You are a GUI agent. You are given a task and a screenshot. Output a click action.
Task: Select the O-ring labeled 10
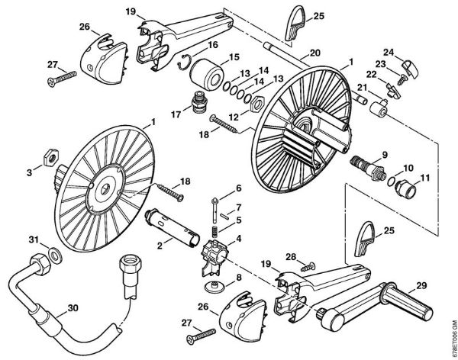tap(390, 182)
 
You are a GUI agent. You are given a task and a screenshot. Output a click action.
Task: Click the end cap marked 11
tap(403, 188)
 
